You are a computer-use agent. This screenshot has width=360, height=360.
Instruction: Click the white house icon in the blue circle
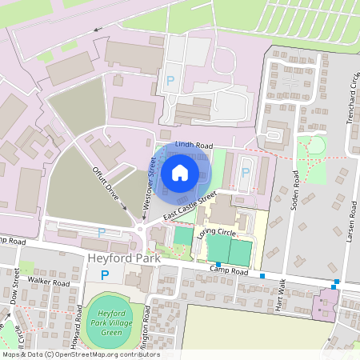click(x=180, y=172)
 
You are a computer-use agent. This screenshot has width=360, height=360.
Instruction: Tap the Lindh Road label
click(x=194, y=146)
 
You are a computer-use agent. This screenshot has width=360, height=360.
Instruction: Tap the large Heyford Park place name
click(x=125, y=260)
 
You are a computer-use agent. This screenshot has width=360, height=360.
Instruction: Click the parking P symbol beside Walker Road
click(x=105, y=275)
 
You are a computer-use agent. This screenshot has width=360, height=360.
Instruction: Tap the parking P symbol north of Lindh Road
click(x=170, y=80)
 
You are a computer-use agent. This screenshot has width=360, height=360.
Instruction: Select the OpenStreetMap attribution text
click(x=80, y=354)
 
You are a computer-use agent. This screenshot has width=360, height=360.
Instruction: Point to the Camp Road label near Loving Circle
click(x=226, y=270)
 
